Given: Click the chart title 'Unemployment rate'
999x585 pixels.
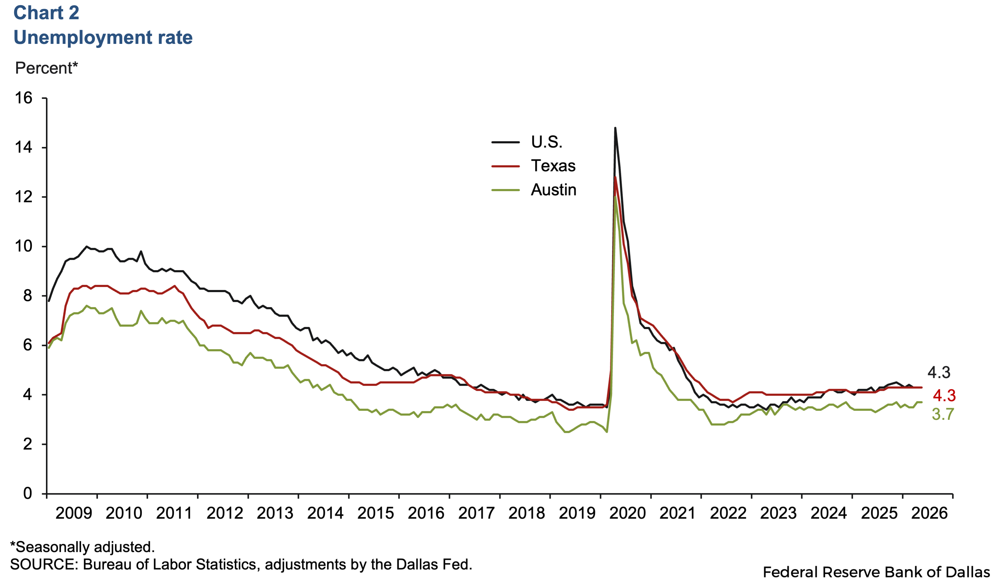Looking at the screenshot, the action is [103, 37].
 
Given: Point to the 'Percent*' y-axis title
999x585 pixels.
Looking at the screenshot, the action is [46, 68].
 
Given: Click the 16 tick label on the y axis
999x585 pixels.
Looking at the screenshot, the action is [23, 98].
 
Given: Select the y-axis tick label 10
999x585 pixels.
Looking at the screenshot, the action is [23, 246].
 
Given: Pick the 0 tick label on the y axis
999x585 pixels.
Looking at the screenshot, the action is [27, 493].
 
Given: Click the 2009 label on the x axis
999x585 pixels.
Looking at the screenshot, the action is [74, 513].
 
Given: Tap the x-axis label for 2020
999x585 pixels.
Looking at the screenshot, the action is [628, 513].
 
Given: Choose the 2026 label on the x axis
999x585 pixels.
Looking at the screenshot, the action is [930, 513].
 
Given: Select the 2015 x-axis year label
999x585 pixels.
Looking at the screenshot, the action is [376, 513].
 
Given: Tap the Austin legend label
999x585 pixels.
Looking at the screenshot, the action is [554, 190].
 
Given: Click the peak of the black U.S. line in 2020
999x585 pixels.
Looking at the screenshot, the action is [615, 128].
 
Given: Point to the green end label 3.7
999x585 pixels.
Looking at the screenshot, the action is [943, 414].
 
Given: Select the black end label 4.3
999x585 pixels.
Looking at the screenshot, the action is [939, 372].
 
